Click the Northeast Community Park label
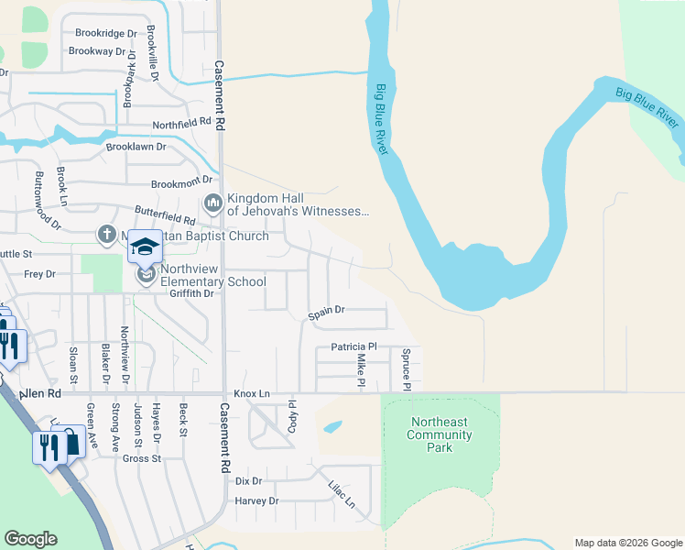(x=440, y=434)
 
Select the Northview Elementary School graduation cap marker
(x=144, y=247)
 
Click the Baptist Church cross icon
(x=107, y=236)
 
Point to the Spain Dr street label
(x=326, y=312)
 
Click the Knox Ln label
(x=252, y=393)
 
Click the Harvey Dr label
(x=256, y=500)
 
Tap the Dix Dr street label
(x=248, y=480)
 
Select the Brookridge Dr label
(x=105, y=33)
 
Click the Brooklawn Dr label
(x=136, y=147)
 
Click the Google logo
(x=30, y=539)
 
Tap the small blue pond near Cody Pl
(x=332, y=426)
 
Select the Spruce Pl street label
(x=406, y=367)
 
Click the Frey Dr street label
(x=39, y=274)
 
